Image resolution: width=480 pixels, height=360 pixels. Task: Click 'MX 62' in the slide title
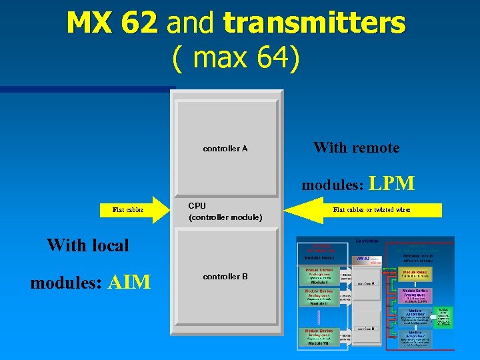111,23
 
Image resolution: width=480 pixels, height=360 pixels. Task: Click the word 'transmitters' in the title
314,23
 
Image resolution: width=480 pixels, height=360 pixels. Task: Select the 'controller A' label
225,149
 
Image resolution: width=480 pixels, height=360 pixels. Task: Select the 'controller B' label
225,277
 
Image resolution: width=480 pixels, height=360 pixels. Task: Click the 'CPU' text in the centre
197,206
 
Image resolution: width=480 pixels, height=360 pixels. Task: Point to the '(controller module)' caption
225,217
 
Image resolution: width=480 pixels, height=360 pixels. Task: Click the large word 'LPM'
391,183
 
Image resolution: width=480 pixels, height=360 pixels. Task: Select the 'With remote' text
356,147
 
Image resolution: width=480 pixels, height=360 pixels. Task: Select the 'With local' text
88,245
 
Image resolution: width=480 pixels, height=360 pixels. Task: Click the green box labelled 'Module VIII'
319,336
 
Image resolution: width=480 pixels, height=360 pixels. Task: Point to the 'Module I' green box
319,276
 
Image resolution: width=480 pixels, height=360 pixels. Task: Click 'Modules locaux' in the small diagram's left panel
320,257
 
